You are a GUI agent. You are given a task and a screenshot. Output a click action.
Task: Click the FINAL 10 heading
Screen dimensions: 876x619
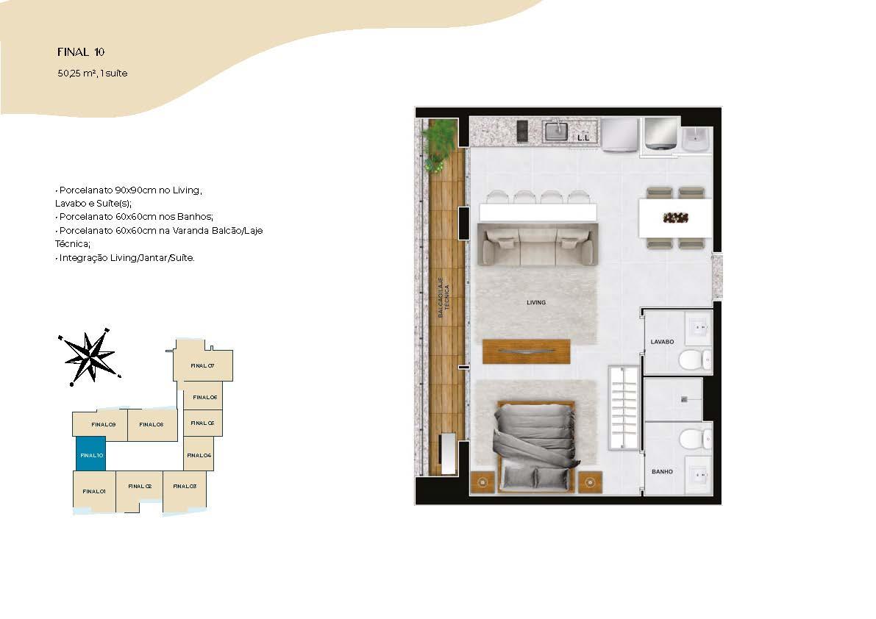[x=81, y=52]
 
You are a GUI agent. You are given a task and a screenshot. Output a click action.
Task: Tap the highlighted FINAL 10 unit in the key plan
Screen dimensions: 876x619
[x=90, y=454]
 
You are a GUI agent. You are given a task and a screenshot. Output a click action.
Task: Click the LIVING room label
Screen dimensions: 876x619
[x=535, y=303]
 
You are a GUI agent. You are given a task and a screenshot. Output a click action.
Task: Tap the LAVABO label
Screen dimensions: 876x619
[x=662, y=342]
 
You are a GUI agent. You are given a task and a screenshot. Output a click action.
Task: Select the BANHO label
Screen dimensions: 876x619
[x=662, y=472]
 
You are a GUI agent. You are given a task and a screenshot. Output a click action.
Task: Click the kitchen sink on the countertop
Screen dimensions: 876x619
[x=556, y=132]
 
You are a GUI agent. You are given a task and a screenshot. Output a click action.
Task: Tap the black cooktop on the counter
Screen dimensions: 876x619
[x=522, y=132]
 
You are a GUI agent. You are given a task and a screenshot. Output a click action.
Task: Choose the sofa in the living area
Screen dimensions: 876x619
[x=537, y=245]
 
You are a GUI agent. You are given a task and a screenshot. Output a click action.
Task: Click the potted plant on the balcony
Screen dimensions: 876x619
[x=438, y=143]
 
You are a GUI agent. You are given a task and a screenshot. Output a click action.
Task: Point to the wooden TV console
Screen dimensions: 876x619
[x=527, y=351]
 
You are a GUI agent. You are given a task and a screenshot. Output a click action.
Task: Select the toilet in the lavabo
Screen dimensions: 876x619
[x=694, y=359]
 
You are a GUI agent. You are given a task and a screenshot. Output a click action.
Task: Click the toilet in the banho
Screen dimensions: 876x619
[x=695, y=439]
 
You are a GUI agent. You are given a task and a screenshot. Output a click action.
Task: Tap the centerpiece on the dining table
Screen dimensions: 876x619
[x=675, y=218]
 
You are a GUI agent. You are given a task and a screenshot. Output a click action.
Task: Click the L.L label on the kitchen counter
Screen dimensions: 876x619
[x=583, y=137]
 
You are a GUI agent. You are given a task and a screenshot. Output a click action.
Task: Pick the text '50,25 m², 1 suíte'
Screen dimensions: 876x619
[x=92, y=73]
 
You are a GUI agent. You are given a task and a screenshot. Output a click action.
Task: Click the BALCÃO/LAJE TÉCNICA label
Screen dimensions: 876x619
[x=443, y=298]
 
